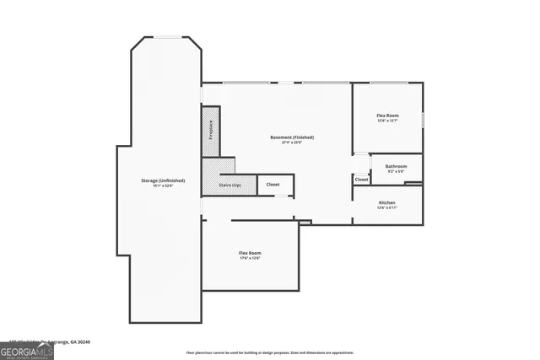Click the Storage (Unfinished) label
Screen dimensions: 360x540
click(x=163, y=180)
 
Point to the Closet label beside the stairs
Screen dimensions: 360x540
click(x=273, y=184)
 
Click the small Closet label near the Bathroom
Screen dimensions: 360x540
click(x=361, y=180)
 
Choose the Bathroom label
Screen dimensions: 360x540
click(x=396, y=166)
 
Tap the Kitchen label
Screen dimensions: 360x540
click(x=387, y=202)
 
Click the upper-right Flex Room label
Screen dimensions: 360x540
click(x=388, y=116)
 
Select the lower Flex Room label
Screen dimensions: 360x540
click(x=250, y=253)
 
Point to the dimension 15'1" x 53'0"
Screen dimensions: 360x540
click(x=163, y=185)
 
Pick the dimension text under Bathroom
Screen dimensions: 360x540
click(x=396, y=171)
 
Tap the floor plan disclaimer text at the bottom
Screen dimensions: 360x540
click(x=270, y=352)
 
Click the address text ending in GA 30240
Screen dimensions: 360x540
click(x=59, y=341)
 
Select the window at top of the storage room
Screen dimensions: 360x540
click(x=165, y=37)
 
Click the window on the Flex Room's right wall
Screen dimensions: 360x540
click(x=422, y=115)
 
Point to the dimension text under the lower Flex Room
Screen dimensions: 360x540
click(x=250, y=258)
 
